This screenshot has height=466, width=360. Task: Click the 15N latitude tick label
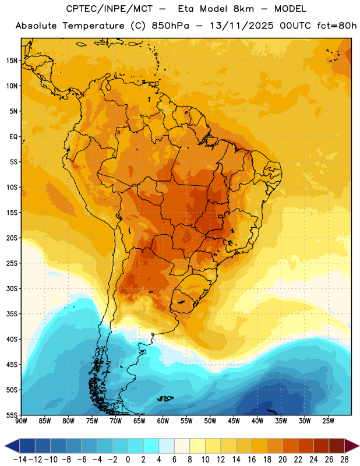click(12, 61)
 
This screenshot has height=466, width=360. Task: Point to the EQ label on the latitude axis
click(13, 137)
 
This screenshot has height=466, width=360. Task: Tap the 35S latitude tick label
click(12, 314)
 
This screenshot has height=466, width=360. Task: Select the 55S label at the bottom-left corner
click(12, 415)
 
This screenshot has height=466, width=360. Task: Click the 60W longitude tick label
click(163, 421)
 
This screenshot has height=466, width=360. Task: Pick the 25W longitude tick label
click(328, 421)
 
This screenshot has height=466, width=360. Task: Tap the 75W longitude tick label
click(92, 421)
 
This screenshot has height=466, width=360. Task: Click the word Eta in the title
click(186, 9)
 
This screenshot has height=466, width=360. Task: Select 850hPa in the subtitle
click(170, 26)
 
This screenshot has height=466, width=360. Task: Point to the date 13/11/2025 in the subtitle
click(242, 26)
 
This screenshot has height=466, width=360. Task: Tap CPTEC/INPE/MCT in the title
click(110, 9)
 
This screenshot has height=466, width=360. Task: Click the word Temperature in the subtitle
click(93, 26)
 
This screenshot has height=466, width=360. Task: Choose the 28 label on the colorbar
click(344, 460)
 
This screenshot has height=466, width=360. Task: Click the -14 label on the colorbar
click(20, 460)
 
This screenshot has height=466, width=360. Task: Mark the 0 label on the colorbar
click(128, 460)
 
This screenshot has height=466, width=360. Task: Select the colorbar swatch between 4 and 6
click(167, 446)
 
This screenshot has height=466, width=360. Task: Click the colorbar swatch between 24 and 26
click(321, 446)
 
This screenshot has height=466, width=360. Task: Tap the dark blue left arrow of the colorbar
click(12, 446)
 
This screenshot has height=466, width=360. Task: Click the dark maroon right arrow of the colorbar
click(352, 446)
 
